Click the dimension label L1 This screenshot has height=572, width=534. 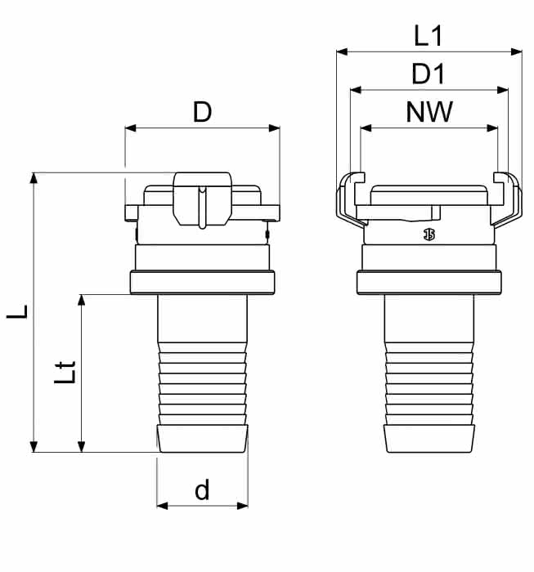429,36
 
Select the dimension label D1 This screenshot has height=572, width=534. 429,74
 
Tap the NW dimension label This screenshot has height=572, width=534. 429,112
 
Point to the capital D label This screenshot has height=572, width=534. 202,112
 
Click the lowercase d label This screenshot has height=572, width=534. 202,489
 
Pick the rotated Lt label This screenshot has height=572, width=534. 65,372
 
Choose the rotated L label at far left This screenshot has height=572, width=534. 17,312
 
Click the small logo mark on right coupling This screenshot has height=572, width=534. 429,235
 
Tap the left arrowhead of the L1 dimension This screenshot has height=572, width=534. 342,52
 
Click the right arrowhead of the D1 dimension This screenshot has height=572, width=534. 503,90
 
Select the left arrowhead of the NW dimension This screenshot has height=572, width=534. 366,128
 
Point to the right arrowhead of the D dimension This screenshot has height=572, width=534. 274,128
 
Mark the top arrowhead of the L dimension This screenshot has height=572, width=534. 34,178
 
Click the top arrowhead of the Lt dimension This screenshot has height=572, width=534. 82,300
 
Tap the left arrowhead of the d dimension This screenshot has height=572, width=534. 163,506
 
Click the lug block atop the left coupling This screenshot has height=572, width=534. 202,199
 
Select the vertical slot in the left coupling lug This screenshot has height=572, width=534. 202,208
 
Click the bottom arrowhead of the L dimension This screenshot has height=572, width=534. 34,446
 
